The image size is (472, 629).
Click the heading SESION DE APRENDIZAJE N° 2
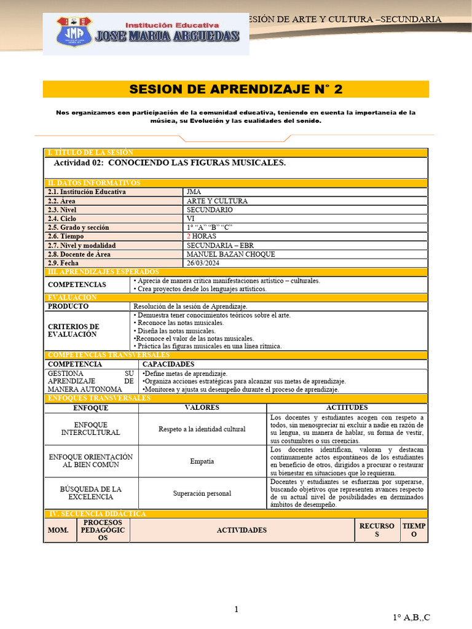click(235, 89)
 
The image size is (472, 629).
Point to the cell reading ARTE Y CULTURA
click(217, 201)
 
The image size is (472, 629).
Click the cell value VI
click(190, 219)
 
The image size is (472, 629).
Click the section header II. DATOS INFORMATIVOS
click(94, 183)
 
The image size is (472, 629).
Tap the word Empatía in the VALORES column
click(202, 461)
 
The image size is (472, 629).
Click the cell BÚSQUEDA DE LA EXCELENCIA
click(91, 493)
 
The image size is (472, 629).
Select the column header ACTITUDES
click(347, 408)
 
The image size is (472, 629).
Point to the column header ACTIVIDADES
click(242, 530)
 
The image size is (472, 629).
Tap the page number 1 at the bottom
click(236, 609)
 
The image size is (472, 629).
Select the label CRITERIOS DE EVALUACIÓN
click(73, 330)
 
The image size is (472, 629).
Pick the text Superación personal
click(202, 493)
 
